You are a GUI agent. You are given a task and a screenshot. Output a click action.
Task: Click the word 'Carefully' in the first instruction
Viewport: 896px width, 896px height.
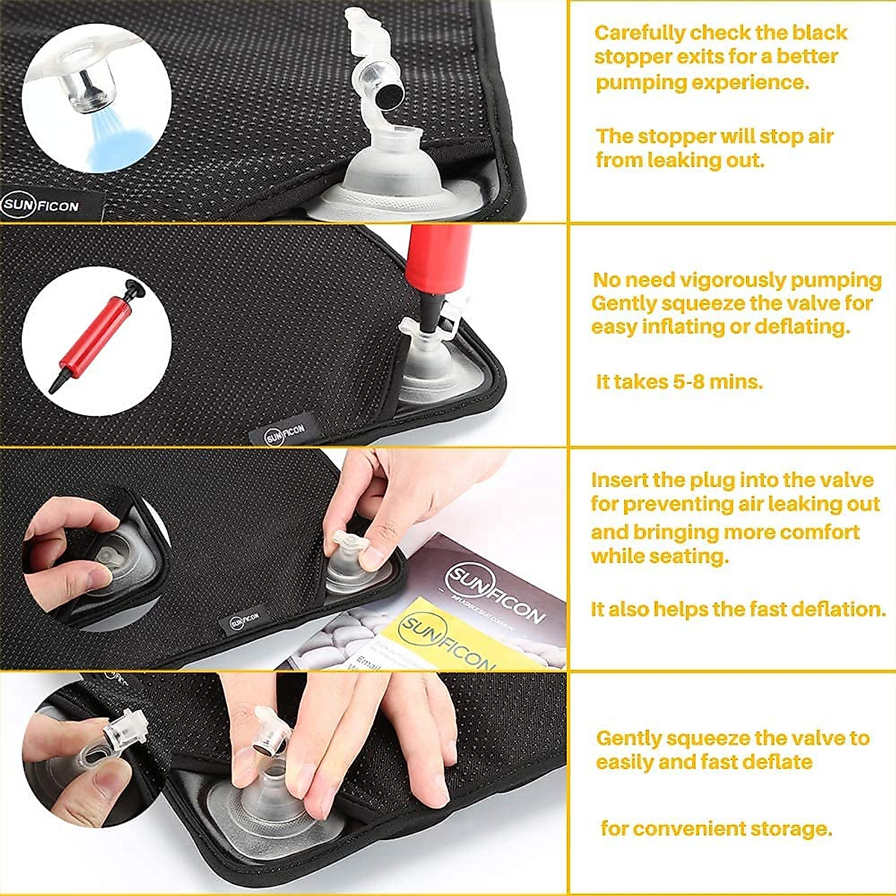point(640,34)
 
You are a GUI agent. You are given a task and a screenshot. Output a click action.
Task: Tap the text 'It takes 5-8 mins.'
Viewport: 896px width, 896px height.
point(679,382)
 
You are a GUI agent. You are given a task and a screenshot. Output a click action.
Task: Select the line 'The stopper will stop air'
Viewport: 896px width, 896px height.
point(714,137)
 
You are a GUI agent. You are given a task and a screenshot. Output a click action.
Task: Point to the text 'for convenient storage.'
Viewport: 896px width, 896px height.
point(716,829)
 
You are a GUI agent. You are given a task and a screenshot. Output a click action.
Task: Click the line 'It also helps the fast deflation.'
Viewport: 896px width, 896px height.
point(738,609)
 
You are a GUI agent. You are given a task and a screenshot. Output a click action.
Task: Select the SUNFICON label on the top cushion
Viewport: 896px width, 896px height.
point(40,205)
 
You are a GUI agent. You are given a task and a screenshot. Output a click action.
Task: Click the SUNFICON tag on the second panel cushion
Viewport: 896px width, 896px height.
point(286,434)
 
